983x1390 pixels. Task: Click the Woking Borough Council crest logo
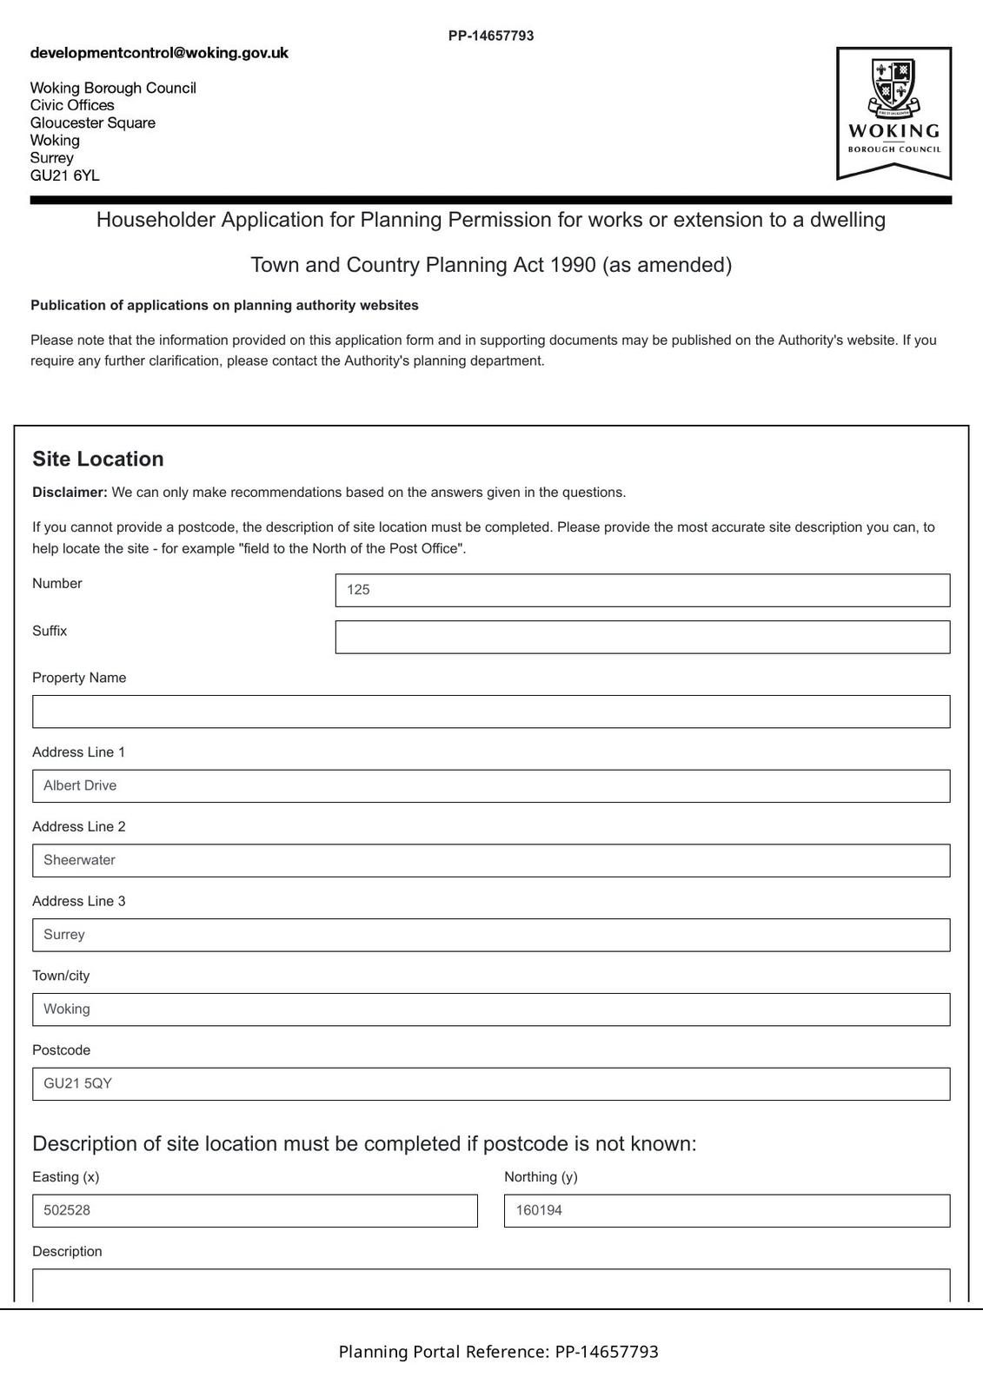[x=893, y=113]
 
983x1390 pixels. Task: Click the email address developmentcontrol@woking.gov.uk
[x=159, y=53]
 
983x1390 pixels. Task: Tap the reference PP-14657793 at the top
[x=491, y=36]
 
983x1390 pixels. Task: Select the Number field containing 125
[x=642, y=590]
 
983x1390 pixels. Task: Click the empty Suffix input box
[x=642, y=637]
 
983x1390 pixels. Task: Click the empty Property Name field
[x=491, y=712]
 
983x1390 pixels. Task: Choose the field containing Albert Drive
[x=491, y=786]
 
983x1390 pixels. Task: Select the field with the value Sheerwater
[x=491, y=860]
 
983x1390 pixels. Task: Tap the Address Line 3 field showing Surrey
[x=491, y=935]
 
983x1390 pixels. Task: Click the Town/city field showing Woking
[x=491, y=1009]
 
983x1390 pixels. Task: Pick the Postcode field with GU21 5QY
[x=491, y=1084]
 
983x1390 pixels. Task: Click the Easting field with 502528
[x=255, y=1211]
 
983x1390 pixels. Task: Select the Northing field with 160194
[x=727, y=1211]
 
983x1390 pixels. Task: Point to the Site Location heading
[x=98, y=459]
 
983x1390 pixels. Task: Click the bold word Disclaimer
[x=70, y=493]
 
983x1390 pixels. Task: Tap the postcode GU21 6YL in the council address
[x=64, y=175]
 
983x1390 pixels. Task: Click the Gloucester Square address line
[x=93, y=122]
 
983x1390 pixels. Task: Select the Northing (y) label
[x=541, y=1177]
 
